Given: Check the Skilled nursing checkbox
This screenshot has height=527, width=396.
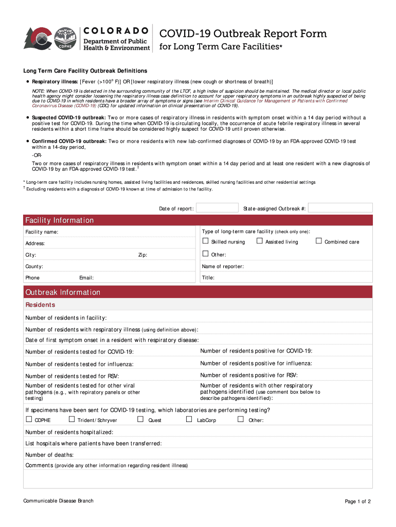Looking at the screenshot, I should tap(205, 241).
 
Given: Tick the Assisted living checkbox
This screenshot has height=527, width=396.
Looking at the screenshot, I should tap(260, 241).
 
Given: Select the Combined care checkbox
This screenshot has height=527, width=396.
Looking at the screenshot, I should tap(319, 241).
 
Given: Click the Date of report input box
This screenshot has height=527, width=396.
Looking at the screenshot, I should tap(217, 208).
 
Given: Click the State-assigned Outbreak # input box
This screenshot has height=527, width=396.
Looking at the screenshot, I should tap(340, 208).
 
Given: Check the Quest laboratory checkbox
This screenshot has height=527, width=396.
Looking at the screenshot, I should tap(140, 419).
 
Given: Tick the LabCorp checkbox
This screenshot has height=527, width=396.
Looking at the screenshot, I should tap(189, 419).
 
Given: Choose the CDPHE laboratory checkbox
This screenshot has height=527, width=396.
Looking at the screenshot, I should tap(29, 419).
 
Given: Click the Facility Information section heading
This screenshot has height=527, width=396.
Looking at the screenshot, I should tap(60, 220).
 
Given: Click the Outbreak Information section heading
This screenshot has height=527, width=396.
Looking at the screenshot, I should tap(63, 292).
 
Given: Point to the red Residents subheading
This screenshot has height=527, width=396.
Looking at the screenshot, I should tap(40, 305).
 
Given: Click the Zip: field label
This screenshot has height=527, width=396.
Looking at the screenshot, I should tap(142, 255).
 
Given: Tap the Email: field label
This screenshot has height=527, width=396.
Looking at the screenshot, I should tap(86, 278).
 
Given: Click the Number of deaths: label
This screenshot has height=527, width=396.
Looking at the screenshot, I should tap(49, 455).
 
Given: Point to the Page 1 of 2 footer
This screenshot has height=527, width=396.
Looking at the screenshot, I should tap(357, 502).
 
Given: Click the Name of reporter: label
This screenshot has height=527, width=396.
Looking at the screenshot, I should tap(223, 267).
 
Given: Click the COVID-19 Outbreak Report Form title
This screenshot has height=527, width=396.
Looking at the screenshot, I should tap(243, 34).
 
